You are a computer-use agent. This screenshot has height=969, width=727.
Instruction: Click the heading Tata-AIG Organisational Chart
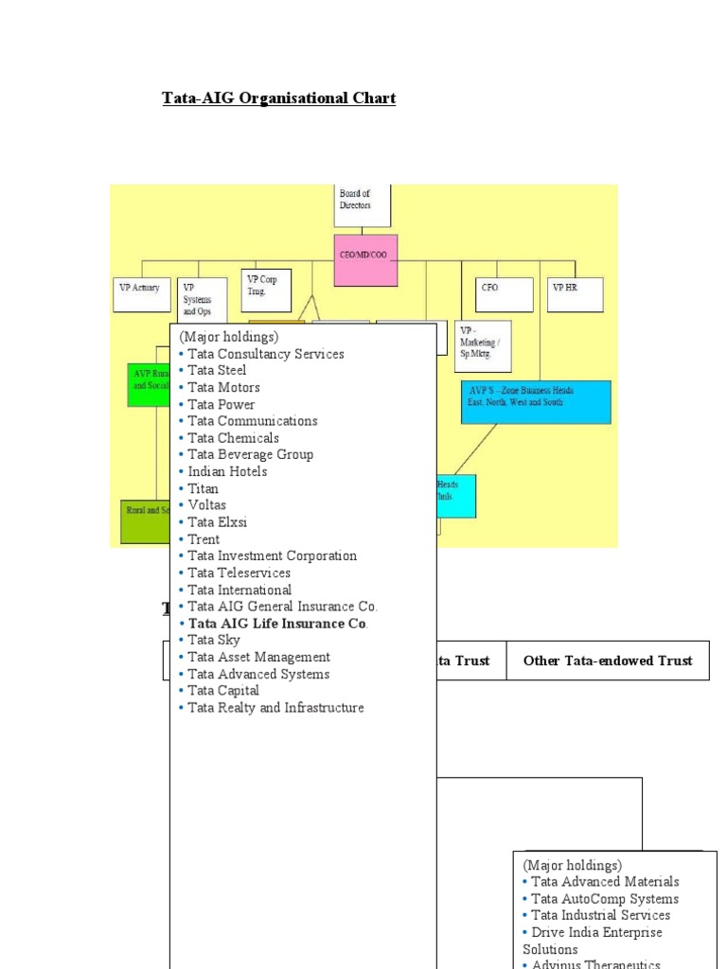(278, 98)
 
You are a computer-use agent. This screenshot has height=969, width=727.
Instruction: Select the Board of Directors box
(362, 205)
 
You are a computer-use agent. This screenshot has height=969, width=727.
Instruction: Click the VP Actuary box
(141, 293)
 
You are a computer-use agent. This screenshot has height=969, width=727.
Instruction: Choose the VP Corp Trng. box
(266, 290)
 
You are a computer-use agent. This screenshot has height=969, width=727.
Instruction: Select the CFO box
(504, 293)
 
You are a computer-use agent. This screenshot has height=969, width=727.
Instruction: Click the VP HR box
(575, 293)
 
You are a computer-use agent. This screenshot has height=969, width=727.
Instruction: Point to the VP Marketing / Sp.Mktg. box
(483, 345)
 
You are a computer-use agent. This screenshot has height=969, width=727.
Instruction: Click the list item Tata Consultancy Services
(266, 354)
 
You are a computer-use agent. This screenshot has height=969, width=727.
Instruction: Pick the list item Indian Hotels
(227, 471)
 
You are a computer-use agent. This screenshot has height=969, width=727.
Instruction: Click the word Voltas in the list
(207, 505)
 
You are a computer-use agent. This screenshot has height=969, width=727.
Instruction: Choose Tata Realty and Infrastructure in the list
(275, 708)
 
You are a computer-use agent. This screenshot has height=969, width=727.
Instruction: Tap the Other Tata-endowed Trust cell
(608, 661)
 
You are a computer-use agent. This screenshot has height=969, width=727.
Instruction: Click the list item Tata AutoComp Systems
(605, 899)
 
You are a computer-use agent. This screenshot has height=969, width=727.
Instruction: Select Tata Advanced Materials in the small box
(605, 882)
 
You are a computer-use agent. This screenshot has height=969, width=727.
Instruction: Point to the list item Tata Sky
(214, 641)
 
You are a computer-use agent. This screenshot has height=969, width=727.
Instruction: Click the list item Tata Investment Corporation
(273, 556)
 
